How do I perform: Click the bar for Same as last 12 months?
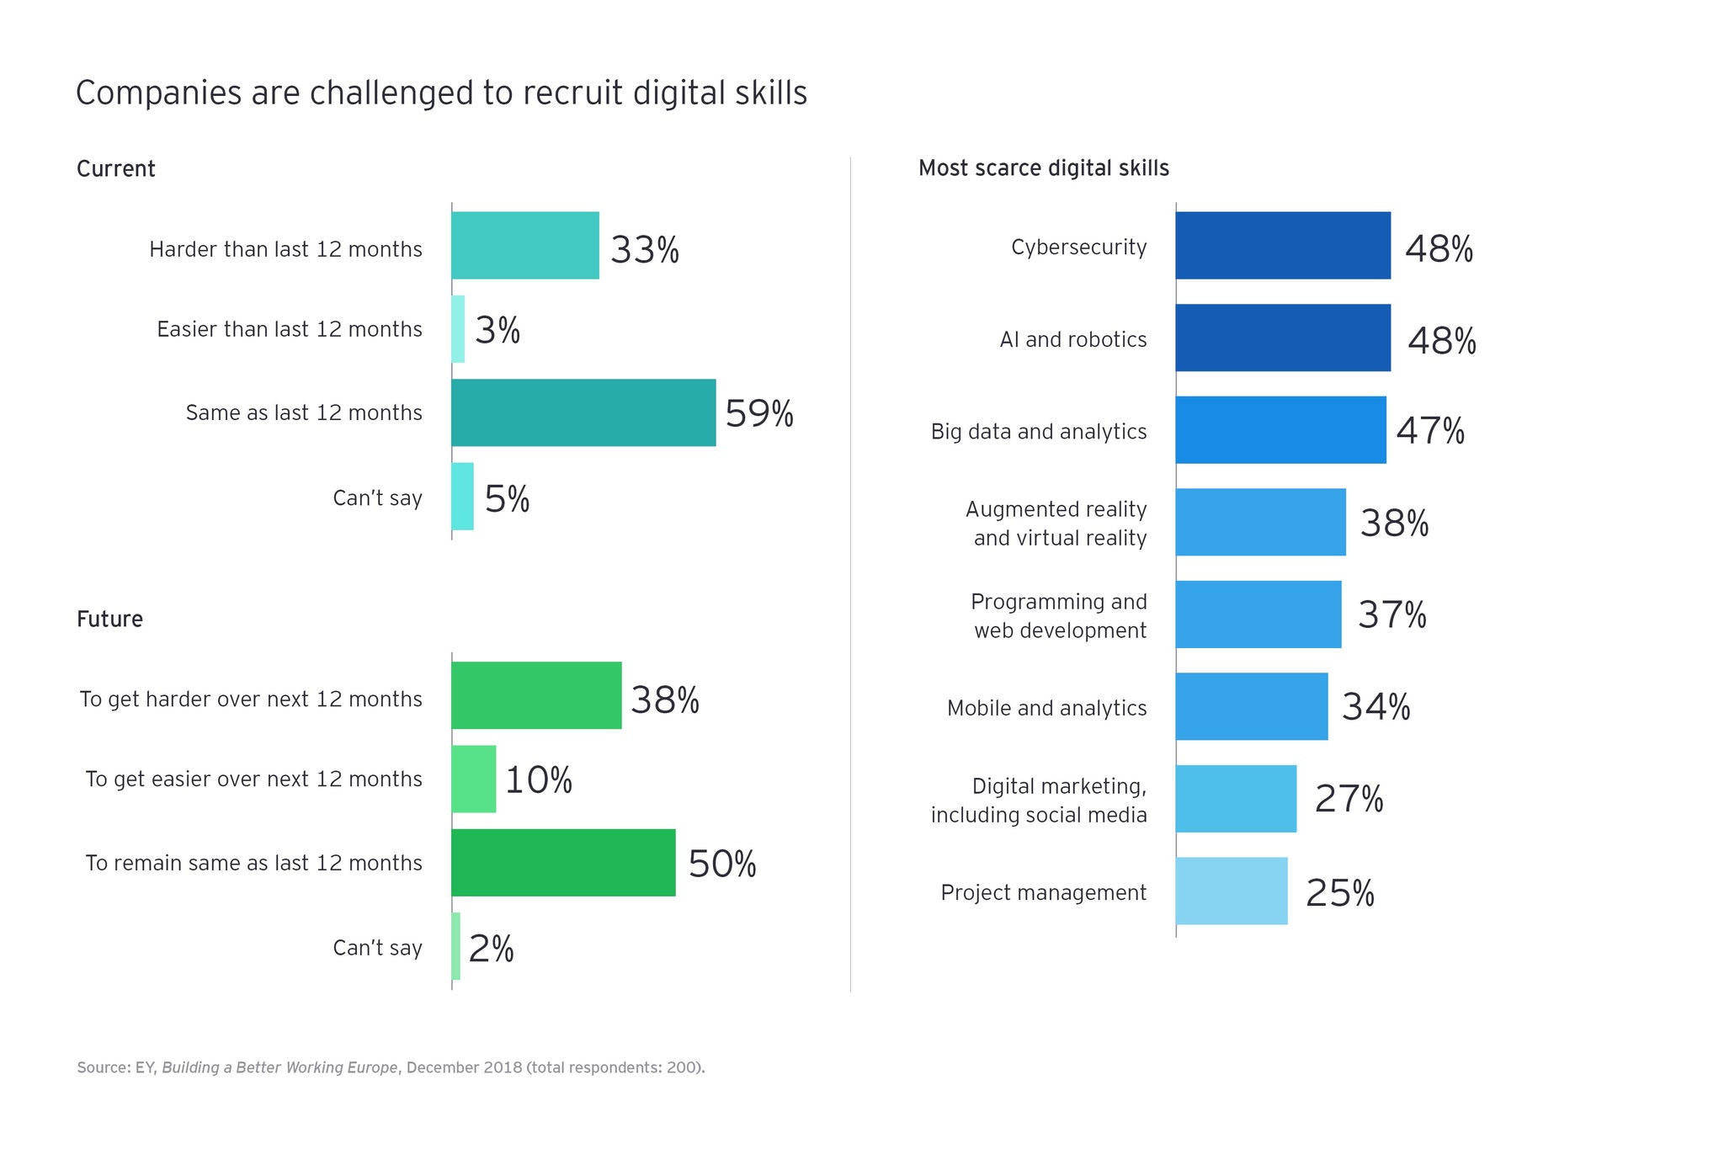583,412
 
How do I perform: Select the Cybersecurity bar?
1283,246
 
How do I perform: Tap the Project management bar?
1232,891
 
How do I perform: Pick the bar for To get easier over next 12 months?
474,779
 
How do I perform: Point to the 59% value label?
759,413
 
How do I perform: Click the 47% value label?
1430,430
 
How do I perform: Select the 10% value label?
539,779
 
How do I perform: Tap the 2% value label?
491,949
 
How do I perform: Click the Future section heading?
109,620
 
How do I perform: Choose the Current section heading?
116,169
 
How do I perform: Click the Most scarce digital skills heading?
1043,168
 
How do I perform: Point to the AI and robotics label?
1073,339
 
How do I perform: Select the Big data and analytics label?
1039,432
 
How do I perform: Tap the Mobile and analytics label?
1046,708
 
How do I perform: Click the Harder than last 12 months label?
285,249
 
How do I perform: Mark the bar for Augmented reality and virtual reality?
1260,522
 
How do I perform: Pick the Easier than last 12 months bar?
458,329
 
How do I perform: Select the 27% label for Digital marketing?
1349,799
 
